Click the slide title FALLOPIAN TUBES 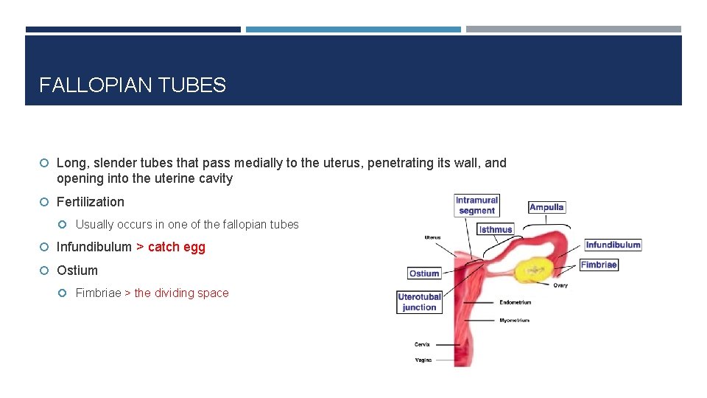[133, 85]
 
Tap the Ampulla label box [546, 207]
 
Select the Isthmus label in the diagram [496, 229]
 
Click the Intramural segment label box [476, 206]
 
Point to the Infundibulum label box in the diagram [613, 245]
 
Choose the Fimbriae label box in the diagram [599, 265]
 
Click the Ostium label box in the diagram [424, 273]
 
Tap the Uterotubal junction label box [419, 302]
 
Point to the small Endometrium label [516, 302]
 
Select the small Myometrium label [514, 321]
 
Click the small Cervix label [422, 344]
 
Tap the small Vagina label [423, 360]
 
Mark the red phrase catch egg [177, 247]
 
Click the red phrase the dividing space [181, 293]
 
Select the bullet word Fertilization [91, 202]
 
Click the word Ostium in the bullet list [77, 270]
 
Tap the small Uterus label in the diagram [432, 237]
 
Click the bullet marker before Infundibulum [45, 247]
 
